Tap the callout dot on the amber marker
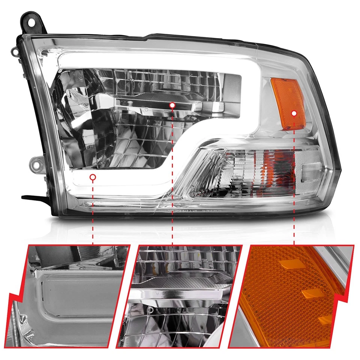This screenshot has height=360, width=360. click(294, 112)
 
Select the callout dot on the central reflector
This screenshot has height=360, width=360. click(172, 106)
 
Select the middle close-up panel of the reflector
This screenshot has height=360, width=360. click(179, 296)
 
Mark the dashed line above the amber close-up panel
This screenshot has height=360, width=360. click(294, 180)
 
